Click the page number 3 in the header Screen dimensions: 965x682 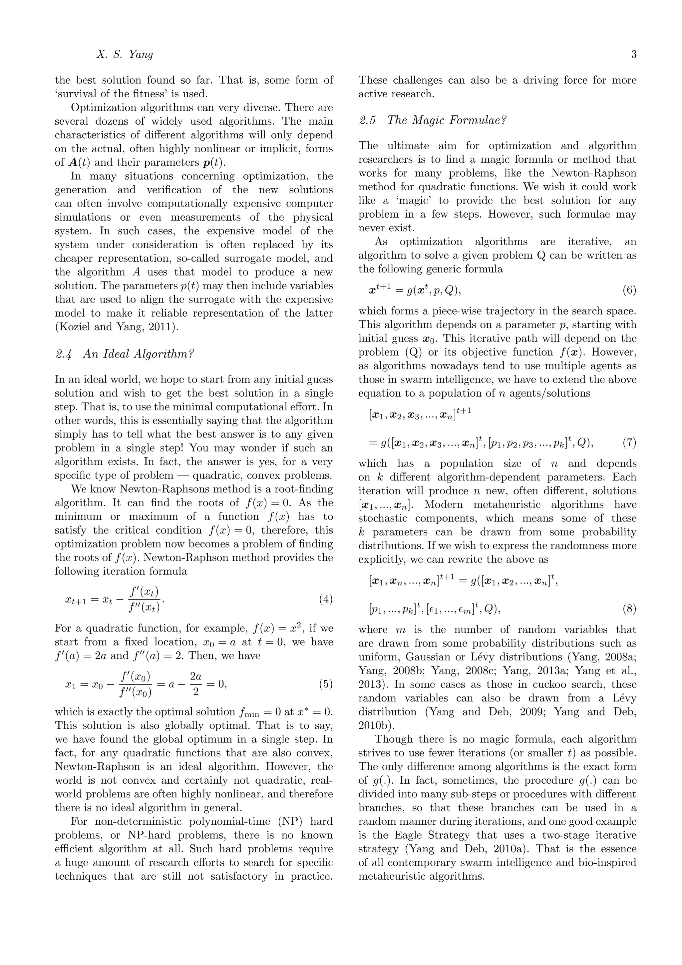pos(633,55)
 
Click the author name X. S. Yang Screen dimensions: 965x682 pos(125,55)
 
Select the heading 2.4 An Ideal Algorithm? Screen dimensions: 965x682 pos(125,354)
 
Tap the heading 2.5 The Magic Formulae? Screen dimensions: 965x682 pos(433,120)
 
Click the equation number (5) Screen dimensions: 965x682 pos(326,684)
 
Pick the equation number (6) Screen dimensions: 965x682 pos(629,291)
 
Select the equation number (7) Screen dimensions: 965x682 pos(629,443)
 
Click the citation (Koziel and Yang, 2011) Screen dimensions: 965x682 pos(117,327)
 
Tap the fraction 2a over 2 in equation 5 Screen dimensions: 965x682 pos(196,684)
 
